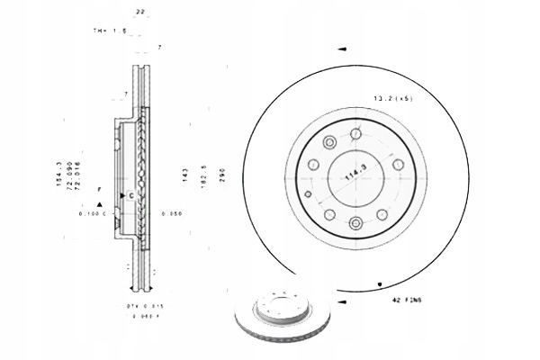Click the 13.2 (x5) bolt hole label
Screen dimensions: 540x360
coord(395,97)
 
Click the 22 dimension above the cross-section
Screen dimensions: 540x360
coord(139,10)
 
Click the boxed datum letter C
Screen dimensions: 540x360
coord(131,195)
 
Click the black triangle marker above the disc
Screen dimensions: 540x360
coord(342,51)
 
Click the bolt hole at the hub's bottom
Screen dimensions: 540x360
coord(356,222)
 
